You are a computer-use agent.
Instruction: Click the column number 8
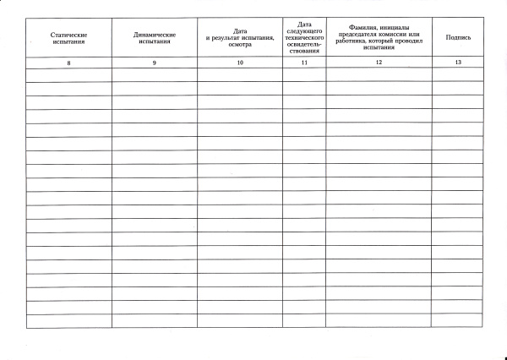[69, 63]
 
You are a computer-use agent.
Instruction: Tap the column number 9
[155, 63]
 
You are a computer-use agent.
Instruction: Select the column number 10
[240, 63]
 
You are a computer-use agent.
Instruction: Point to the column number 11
[304, 63]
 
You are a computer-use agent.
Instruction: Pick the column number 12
[379, 63]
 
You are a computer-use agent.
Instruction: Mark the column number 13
[458, 63]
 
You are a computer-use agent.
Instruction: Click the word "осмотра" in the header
[240, 44]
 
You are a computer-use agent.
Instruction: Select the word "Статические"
[69, 34]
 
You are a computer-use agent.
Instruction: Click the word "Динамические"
[155, 34]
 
